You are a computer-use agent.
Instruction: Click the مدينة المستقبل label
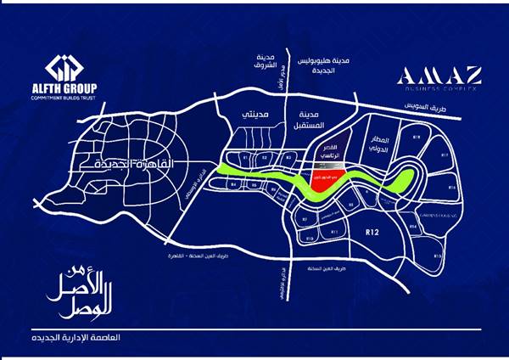coord(310,120)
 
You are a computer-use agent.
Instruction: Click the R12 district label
coord(370,230)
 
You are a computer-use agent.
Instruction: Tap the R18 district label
coord(417,136)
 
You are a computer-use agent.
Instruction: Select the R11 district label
coord(334,231)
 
